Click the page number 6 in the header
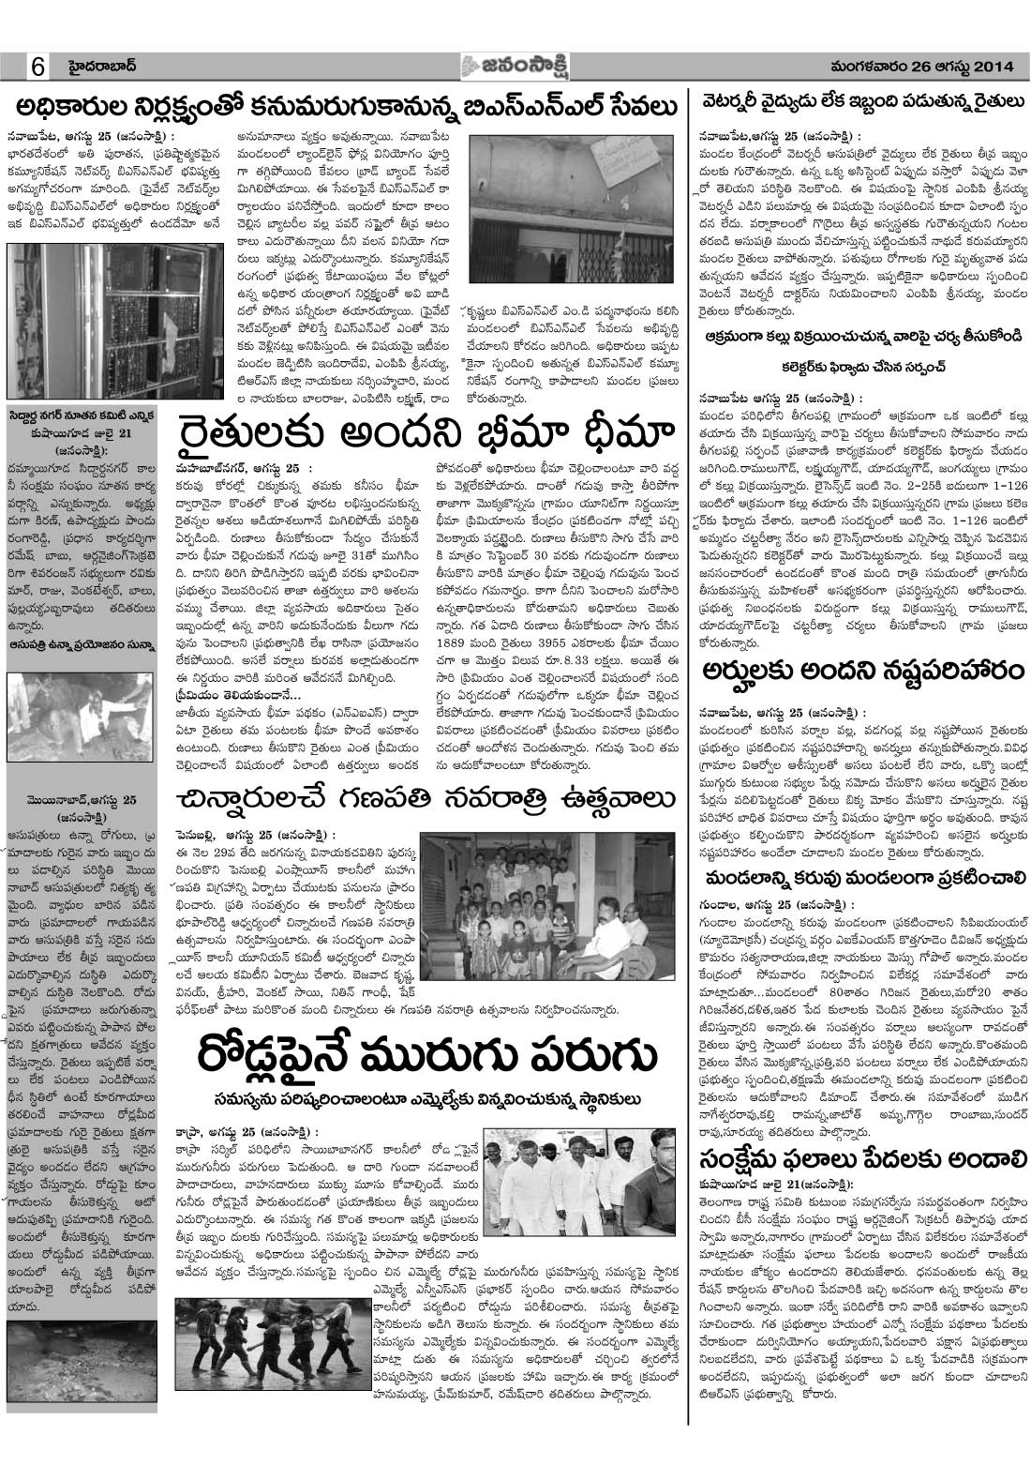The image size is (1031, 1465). pyautogui.click(x=38, y=68)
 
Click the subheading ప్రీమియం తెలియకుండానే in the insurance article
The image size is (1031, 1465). pyautogui.click(x=234, y=695)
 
